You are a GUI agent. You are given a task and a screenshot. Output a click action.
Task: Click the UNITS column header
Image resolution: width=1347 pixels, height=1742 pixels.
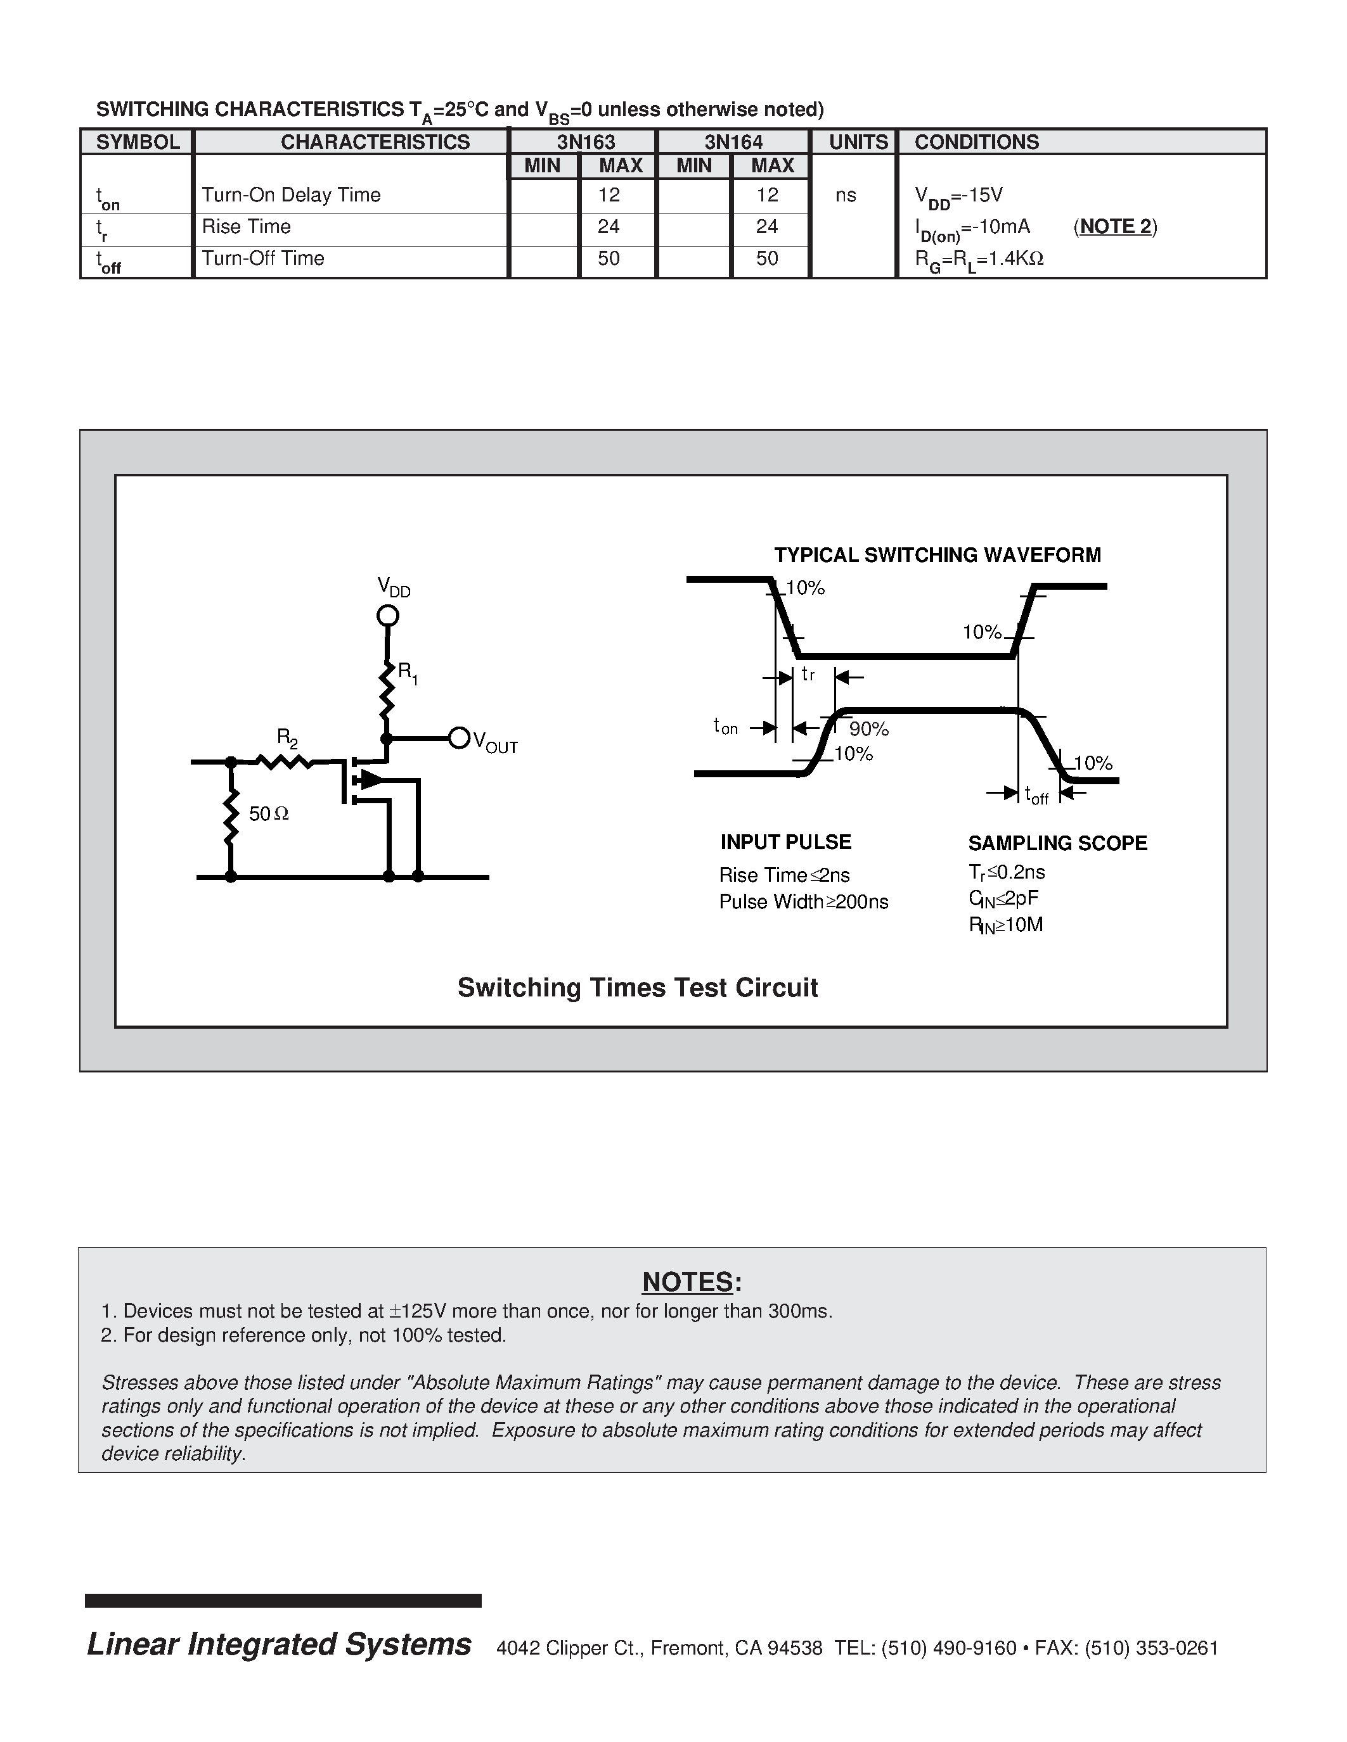pyautogui.click(x=857, y=142)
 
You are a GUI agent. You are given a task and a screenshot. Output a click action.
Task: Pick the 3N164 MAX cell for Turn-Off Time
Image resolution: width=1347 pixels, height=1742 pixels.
pyautogui.click(x=767, y=258)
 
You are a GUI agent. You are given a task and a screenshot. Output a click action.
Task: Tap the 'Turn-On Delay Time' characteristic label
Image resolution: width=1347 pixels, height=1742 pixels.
pyautogui.click(x=290, y=195)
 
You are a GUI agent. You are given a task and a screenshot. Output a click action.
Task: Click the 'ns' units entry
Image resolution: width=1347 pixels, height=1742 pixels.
pyautogui.click(x=845, y=195)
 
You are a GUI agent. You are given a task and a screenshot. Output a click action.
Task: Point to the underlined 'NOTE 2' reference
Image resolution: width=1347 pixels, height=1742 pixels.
pyautogui.click(x=1115, y=227)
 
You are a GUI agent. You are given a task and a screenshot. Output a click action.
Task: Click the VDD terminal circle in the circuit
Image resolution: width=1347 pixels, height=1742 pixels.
pyautogui.click(x=387, y=615)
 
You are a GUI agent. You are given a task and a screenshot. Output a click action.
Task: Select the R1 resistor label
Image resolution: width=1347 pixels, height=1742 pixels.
pyautogui.click(x=407, y=672)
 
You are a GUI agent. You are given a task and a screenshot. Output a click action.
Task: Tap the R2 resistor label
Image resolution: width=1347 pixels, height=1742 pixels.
pyautogui.click(x=287, y=737)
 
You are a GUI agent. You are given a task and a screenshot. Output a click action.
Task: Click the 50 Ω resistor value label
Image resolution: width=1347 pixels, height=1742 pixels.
pyautogui.click(x=269, y=815)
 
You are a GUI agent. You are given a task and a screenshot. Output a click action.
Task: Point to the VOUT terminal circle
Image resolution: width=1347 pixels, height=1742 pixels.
pyautogui.click(x=459, y=738)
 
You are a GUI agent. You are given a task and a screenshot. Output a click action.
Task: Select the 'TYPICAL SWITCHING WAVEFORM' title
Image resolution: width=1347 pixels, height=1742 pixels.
pyautogui.click(x=937, y=555)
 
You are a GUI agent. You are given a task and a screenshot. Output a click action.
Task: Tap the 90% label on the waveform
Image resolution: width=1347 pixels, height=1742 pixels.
pyautogui.click(x=868, y=729)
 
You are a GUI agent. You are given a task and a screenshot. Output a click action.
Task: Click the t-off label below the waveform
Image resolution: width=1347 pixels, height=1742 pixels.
pyautogui.click(x=1036, y=795)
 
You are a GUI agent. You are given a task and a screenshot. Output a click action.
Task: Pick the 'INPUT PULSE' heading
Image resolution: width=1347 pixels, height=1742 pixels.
pyautogui.click(x=785, y=842)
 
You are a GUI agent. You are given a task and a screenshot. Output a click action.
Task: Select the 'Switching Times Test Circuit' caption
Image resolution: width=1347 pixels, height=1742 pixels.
pyautogui.click(x=637, y=988)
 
